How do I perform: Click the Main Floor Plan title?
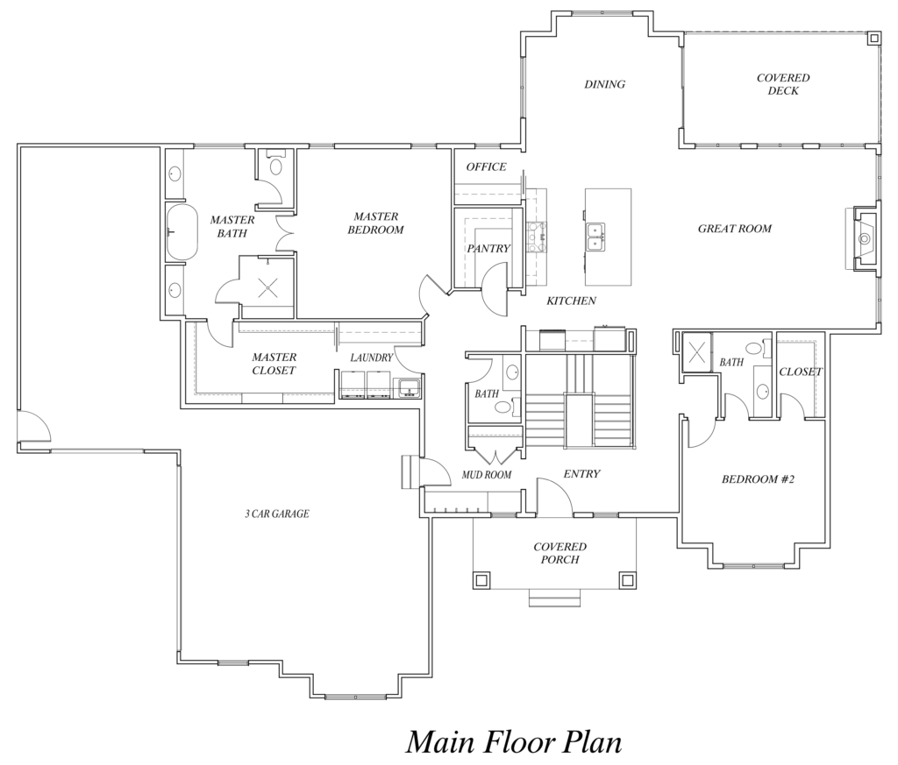tap(514, 742)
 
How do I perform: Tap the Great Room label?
tap(734, 229)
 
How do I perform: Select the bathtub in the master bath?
tap(182, 232)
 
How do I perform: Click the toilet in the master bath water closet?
tap(276, 164)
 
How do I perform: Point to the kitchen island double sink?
tap(595, 237)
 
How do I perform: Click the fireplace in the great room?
tap(863, 237)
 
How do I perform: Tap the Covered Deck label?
tap(783, 84)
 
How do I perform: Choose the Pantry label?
tap(488, 249)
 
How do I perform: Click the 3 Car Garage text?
tap(277, 514)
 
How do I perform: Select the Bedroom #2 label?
tap(758, 479)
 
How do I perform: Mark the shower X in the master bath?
tap(267, 287)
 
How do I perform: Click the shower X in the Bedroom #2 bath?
tap(696, 351)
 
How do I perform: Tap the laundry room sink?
tap(408, 386)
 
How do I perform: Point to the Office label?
tap(486, 167)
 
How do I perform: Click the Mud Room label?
tap(487, 475)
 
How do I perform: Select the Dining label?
tap(604, 85)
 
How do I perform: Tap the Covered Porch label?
tap(559, 553)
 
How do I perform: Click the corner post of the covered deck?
tap(873, 39)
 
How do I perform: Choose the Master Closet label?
tap(274, 364)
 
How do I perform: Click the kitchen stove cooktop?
tap(537, 237)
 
